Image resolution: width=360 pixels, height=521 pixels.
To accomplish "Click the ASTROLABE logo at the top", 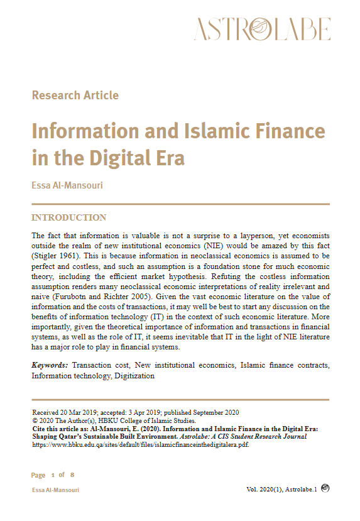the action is coord(262,30).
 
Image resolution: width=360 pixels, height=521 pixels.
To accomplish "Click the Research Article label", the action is coord(75,96).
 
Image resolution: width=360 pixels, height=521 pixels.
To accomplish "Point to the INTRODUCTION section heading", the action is coord(69,218).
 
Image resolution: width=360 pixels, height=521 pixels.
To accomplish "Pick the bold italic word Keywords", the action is coord(50,366).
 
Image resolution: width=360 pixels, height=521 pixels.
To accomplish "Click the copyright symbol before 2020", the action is coord(35,420).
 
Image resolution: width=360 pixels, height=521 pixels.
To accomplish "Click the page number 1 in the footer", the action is coord(53,474).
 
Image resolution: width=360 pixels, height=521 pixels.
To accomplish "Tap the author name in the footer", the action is coord(55,490).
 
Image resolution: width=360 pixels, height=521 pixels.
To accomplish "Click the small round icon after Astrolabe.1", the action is coord(325,488).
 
